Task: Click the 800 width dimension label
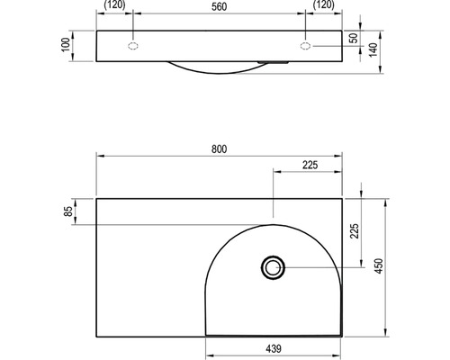click(219, 149)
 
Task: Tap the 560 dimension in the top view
click(219, 7)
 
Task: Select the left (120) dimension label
click(114, 5)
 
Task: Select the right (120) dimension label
click(323, 5)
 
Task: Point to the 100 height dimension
click(66, 45)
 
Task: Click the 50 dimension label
click(355, 38)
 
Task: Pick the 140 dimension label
click(373, 50)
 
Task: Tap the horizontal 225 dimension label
click(310, 165)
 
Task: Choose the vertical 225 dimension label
click(355, 230)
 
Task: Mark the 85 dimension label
click(68, 211)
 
